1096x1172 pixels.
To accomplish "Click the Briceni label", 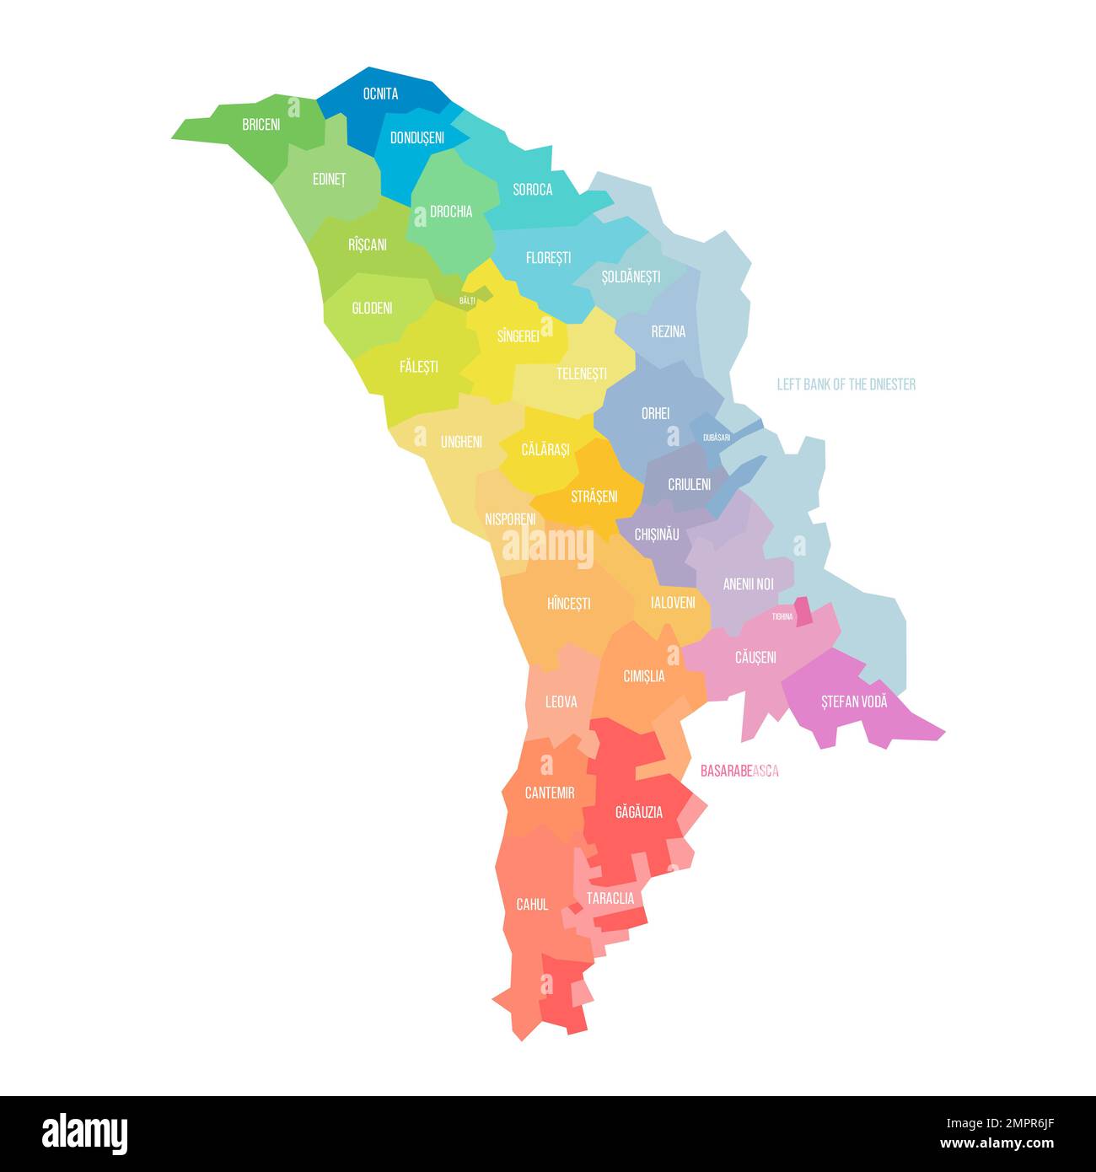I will (x=261, y=125).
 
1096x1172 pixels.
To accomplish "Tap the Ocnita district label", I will (x=380, y=94).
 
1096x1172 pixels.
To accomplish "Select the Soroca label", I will (x=533, y=190).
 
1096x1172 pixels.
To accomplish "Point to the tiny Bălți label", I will (x=467, y=300).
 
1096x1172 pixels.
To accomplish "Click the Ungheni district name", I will (x=461, y=441).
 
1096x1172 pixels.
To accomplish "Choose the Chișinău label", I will (x=657, y=535).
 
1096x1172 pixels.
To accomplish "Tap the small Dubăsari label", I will (x=717, y=438).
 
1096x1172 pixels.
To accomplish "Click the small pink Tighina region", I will (x=804, y=611).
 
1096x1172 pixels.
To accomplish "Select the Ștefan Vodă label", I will (x=854, y=702).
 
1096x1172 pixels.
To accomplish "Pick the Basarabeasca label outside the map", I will (x=739, y=771).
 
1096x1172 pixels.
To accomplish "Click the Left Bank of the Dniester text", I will (x=846, y=384).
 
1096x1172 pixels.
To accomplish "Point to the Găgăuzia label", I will (x=639, y=813).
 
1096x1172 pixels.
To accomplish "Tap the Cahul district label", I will (x=532, y=905).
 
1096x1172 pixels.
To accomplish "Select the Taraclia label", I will (x=610, y=899).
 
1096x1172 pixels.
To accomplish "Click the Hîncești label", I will (x=569, y=604).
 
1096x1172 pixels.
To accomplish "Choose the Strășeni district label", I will (x=594, y=497).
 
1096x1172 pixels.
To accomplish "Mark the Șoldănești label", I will (x=631, y=277).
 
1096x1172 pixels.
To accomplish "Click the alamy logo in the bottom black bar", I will (x=85, y=1133).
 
